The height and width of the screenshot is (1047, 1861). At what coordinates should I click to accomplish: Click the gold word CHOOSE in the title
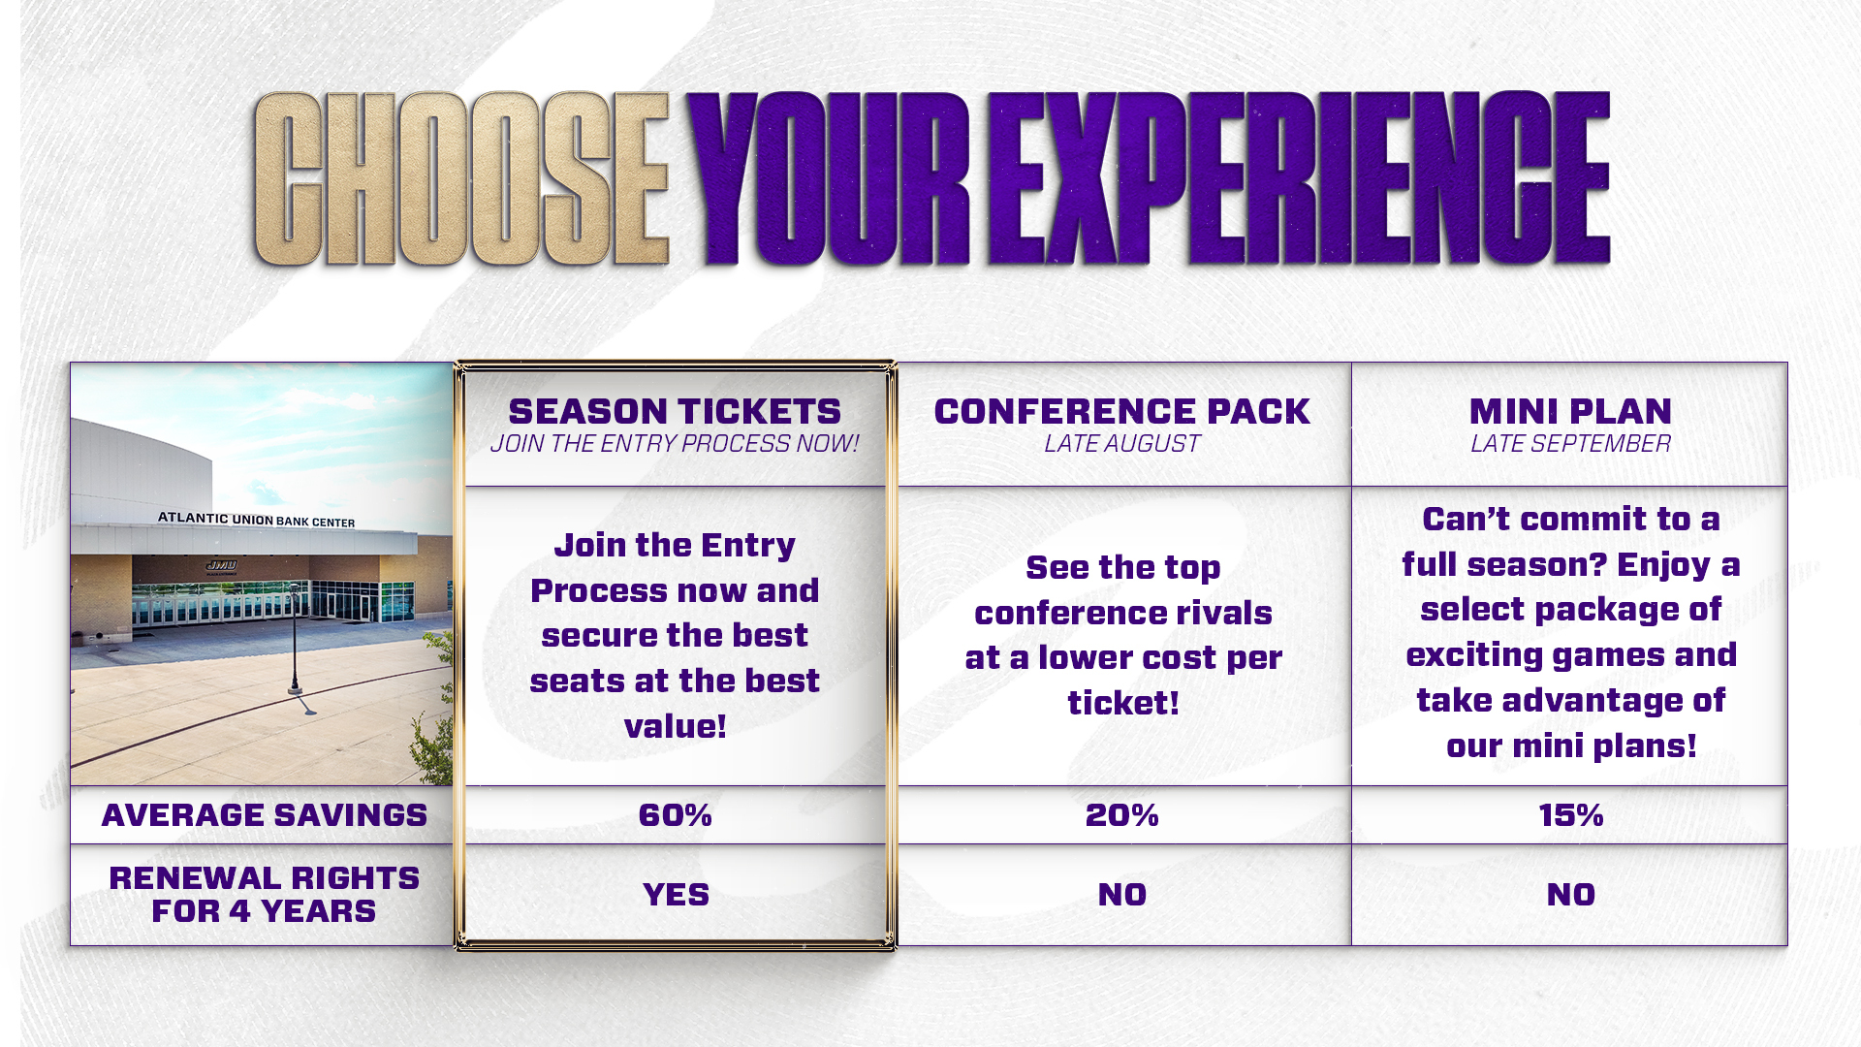click(461, 179)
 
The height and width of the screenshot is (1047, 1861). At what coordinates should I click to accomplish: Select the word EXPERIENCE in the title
click(1299, 179)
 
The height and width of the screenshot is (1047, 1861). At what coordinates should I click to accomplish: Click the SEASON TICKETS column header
click(675, 412)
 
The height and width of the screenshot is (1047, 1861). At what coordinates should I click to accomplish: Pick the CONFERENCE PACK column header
click(1122, 412)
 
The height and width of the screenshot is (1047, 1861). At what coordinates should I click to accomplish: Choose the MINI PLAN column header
click(1570, 412)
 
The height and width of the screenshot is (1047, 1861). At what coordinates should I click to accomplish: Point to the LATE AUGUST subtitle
click(1122, 444)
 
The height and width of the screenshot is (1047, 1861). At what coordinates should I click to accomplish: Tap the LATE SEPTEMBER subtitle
click(1570, 444)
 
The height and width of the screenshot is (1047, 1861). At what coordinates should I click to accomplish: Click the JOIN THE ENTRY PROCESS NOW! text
click(675, 444)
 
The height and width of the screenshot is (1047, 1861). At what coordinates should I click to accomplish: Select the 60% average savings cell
click(675, 815)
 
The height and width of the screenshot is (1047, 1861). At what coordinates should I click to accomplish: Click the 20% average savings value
click(1122, 815)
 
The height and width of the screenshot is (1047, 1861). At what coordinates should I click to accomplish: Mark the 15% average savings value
click(1570, 815)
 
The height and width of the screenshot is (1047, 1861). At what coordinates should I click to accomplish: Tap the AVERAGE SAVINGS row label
click(264, 815)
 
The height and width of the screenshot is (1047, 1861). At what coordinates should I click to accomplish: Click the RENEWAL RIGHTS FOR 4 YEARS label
click(264, 895)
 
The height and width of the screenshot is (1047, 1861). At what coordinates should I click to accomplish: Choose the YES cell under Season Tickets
click(676, 895)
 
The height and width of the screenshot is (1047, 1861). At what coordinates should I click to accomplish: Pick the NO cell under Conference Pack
click(1122, 895)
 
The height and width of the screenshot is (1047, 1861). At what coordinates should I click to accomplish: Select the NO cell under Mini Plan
click(1570, 895)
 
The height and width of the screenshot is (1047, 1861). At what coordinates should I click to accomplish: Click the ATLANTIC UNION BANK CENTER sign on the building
click(257, 520)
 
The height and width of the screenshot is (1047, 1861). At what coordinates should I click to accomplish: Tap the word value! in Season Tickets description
click(675, 726)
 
